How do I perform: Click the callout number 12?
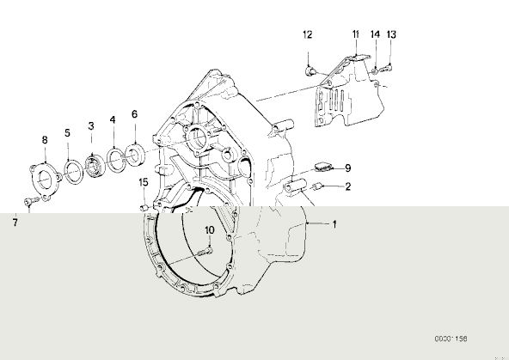[308, 34]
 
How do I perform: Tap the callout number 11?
[356, 34]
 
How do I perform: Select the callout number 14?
[375, 34]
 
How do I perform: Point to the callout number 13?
[391, 34]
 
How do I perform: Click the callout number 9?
[347, 168]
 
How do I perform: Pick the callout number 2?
[348, 186]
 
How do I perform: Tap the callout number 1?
[334, 224]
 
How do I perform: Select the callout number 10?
[210, 230]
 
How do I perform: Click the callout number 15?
[144, 182]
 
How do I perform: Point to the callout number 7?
[15, 223]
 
